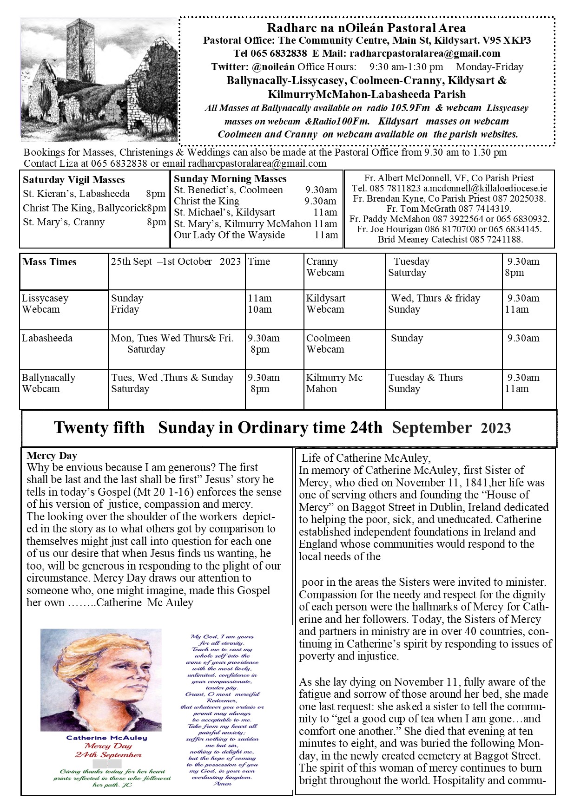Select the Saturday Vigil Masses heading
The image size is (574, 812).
point(74,180)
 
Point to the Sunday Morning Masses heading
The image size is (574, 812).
point(230,179)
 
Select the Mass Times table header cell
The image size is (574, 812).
point(50,262)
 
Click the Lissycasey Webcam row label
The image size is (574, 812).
point(45,304)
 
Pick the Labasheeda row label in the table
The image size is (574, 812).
point(47,338)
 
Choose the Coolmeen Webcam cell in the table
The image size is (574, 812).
point(328,344)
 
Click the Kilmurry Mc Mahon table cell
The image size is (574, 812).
point(334,383)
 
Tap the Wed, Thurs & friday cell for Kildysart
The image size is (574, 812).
point(435,298)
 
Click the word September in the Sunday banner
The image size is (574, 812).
point(431,428)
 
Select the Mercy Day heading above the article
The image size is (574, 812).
point(52,456)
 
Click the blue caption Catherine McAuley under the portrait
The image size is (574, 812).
point(106,738)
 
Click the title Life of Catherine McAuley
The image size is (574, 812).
point(366,458)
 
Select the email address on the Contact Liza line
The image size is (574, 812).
point(257,164)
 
